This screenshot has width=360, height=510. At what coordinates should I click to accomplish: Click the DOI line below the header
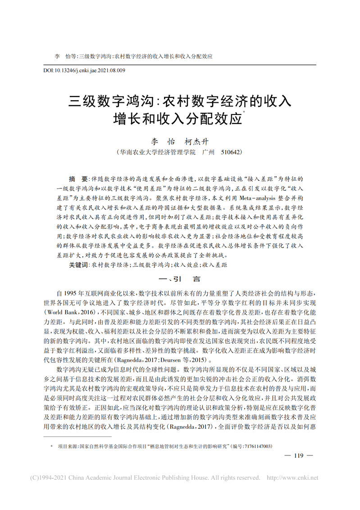pos(84,70)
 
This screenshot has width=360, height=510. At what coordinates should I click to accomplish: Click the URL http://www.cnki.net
pos(292,478)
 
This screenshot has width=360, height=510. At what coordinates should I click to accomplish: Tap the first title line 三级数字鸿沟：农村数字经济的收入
pos(180,100)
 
